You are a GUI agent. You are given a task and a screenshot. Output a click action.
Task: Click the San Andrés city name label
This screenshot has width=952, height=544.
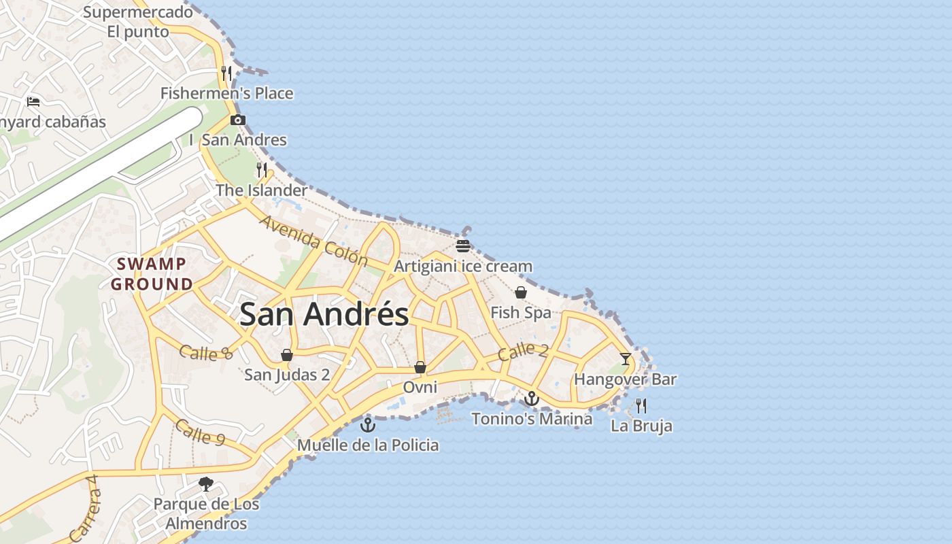(x=324, y=314)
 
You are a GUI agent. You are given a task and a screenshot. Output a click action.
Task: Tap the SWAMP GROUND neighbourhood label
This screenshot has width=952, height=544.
(x=152, y=274)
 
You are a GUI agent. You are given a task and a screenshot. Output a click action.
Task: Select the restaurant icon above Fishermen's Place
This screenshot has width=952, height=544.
(x=227, y=73)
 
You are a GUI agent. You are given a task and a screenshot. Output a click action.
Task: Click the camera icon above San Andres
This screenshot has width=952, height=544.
(x=237, y=120)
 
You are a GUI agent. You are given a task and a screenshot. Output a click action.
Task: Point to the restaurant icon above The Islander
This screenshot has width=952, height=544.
(x=262, y=169)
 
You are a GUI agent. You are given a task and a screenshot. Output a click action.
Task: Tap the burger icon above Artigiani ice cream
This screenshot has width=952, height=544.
(x=463, y=245)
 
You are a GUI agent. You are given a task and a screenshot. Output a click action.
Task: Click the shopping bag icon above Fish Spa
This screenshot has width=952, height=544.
(x=520, y=292)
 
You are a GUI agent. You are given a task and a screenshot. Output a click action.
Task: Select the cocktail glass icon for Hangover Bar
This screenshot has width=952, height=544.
(x=626, y=358)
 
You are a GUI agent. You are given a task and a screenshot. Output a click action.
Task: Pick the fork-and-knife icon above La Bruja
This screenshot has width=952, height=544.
(x=641, y=406)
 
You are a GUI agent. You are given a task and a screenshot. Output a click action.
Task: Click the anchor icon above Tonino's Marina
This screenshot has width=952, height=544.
(x=532, y=398)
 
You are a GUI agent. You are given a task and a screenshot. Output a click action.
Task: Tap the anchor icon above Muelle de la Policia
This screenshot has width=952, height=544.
(x=368, y=425)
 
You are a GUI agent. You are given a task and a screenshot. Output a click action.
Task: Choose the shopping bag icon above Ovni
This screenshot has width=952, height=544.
(x=420, y=367)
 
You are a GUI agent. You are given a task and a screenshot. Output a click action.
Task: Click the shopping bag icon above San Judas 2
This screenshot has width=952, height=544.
(x=287, y=355)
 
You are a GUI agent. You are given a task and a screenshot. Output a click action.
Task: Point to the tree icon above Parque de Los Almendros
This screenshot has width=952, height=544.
(x=206, y=484)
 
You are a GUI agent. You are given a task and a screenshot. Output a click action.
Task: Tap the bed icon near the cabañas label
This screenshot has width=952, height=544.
(x=33, y=102)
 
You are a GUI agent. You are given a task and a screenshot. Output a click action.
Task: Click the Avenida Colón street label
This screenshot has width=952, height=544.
(x=313, y=241)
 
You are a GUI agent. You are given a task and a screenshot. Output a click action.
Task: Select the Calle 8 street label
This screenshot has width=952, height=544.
(x=206, y=352)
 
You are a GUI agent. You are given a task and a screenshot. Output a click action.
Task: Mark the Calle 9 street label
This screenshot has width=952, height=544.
(x=200, y=432)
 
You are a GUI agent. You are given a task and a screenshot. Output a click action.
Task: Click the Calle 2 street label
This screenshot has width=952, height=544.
(x=522, y=352)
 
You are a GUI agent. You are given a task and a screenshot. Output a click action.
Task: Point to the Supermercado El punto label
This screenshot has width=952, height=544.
(x=138, y=22)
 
